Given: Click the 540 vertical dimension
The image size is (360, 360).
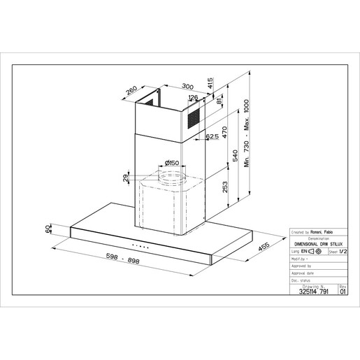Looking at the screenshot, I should click(x=236, y=158).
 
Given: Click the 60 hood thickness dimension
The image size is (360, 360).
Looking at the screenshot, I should click(x=50, y=230).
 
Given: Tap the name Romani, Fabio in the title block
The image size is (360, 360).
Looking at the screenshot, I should click(x=322, y=230).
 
